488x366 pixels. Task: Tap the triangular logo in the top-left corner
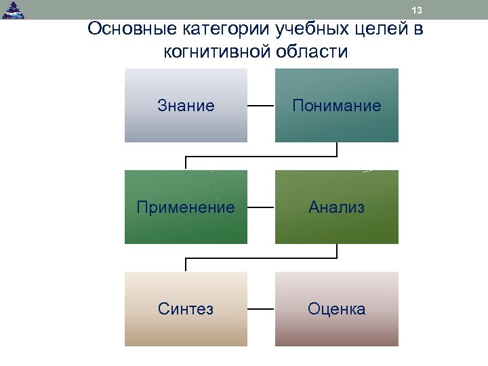coord(12,9)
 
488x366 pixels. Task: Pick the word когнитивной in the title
coord(216,52)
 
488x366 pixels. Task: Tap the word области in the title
coord(311,52)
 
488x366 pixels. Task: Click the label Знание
coord(186,106)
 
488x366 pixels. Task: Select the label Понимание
coord(336,106)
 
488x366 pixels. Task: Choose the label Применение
coord(186,207)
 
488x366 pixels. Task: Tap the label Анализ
coord(336,207)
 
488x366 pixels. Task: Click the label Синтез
coord(186,309)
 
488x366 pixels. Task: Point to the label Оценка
coord(336,309)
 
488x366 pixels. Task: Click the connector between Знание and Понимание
coord(260,106)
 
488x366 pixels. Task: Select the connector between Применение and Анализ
coord(261,207)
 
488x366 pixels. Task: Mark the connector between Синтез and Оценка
coord(261,309)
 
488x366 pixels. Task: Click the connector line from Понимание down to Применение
coord(261,157)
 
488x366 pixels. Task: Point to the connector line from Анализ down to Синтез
coord(261,258)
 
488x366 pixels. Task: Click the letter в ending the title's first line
coord(418,30)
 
